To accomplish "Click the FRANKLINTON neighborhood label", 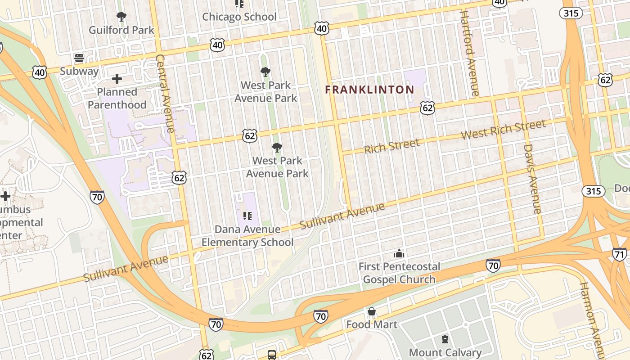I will coord(369,90).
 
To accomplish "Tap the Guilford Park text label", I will coord(121,30).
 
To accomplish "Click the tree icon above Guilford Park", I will coord(121,17).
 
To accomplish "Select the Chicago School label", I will coord(239,17).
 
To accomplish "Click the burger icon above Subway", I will coord(79,58).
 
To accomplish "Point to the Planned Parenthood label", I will coord(117,98).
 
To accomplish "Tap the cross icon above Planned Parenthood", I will coord(117,79).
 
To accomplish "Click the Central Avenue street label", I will coord(165,94).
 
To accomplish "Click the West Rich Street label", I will coord(503,129).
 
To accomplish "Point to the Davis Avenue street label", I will coord(532,179).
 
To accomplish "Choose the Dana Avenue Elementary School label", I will coord(247,236).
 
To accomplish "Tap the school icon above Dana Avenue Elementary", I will coord(247,216).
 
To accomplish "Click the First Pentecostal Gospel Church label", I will coord(399,273).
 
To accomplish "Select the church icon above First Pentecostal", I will coord(399,254).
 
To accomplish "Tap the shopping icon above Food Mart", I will coord(372,311).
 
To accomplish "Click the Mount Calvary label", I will coord(445,352).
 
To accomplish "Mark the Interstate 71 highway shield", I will coord(620,254).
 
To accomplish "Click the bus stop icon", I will coord(272,355).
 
